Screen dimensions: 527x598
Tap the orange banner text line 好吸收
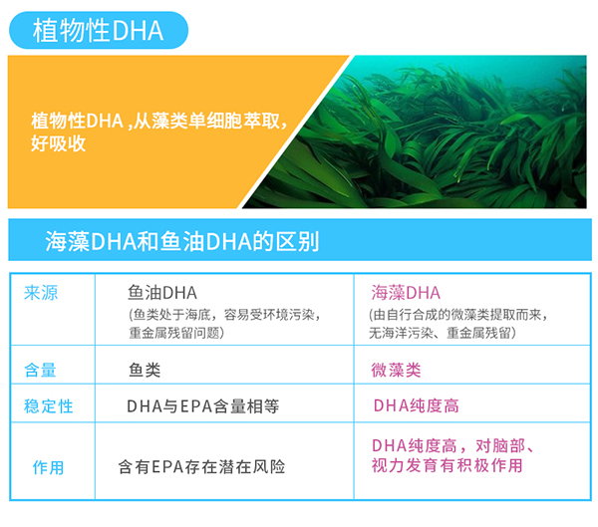(59, 144)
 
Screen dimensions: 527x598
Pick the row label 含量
(41, 371)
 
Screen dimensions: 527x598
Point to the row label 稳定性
(48, 406)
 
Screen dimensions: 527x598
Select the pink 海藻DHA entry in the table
(406, 293)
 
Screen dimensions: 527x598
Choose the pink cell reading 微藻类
(397, 371)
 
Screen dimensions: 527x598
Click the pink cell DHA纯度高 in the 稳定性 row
(416, 405)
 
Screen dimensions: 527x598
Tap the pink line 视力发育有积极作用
(447, 464)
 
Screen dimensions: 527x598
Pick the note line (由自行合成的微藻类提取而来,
(457, 315)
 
